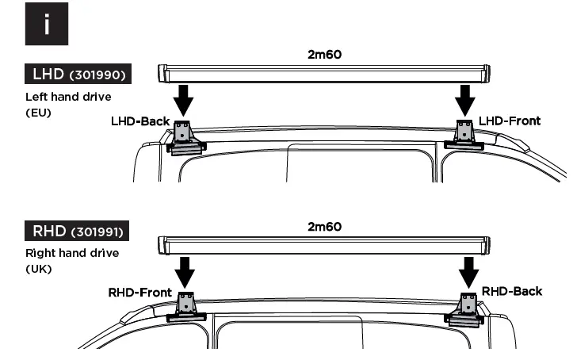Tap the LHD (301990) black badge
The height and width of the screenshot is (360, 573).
click(x=77, y=75)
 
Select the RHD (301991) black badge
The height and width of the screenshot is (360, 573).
click(x=77, y=232)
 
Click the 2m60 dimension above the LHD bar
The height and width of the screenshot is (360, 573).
click(x=324, y=56)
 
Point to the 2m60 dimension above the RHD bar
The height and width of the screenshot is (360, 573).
click(x=324, y=227)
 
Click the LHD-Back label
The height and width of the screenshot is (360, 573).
click(x=141, y=121)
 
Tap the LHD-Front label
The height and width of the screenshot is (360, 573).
click(x=510, y=121)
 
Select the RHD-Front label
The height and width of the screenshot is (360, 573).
click(x=139, y=293)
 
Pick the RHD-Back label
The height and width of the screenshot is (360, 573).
click(x=512, y=291)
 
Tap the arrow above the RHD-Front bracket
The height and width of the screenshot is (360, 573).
click(x=185, y=270)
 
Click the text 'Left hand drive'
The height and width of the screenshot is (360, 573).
click(x=68, y=97)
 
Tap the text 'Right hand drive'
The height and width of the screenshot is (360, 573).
click(x=72, y=253)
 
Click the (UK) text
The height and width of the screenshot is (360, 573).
click(x=39, y=269)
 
